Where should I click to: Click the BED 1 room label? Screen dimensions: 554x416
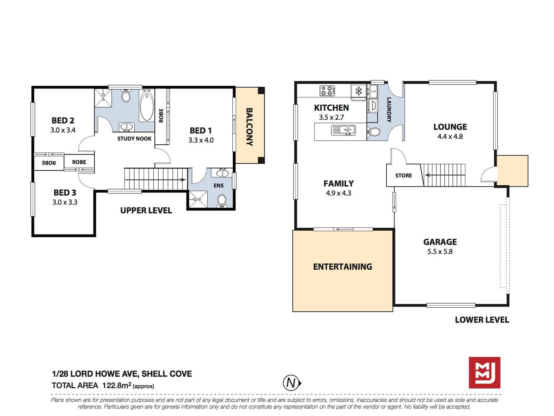[x=201, y=130]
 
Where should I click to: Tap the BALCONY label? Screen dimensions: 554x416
[x=249, y=127]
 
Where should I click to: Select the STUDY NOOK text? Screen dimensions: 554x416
[x=134, y=139]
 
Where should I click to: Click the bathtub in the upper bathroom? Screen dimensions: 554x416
[x=147, y=105]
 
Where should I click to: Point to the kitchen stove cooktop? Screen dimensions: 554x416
[x=327, y=91]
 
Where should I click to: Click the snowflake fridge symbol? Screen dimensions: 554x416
[x=359, y=91]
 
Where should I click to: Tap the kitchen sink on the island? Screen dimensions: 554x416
[x=343, y=130]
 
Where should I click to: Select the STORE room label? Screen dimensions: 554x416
[x=404, y=175]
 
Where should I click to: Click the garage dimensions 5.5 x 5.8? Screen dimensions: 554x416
[x=440, y=251]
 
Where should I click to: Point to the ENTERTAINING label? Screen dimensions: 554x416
[x=343, y=267]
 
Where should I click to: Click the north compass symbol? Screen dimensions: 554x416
[x=292, y=383]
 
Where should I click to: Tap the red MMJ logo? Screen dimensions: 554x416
[x=485, y=373]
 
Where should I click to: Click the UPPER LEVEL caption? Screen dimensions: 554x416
[x=146, y=210]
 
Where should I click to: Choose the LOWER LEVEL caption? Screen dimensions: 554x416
[x=482, y=320]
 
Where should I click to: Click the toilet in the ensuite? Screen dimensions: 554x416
[x=222, y=201]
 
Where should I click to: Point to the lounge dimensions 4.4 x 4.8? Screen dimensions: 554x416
[x=450, y=136]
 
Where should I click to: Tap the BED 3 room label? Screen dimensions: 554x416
[x=65, y=193]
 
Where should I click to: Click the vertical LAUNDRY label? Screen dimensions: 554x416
[x=389, y=110]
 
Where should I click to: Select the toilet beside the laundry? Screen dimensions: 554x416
[x=373, y=132]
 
